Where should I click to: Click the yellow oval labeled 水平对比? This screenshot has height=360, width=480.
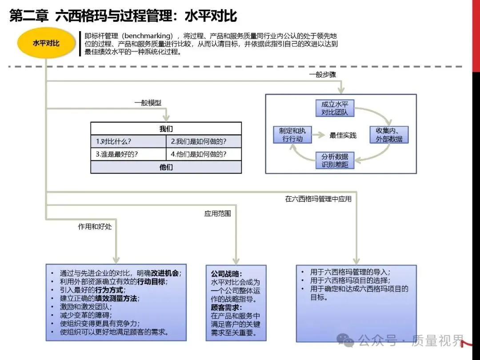click(x=46, y=43)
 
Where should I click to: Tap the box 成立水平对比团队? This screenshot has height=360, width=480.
click(x=338, y=108)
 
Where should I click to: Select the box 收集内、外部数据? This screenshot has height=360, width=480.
click(x=389, y=135)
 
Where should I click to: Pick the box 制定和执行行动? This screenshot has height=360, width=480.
click(x=292, y=135)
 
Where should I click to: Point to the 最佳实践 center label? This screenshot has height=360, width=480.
click(x=343, y=135)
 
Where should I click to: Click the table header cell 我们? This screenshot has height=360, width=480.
click(x=166, y=129)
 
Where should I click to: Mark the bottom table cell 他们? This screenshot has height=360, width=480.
click(x=166, y=167)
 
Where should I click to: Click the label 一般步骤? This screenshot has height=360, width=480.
click(x=323, y=74)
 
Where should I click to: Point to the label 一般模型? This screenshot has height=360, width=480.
click(x=148, y=103)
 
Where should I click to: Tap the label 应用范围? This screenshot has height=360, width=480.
click(x=218, y=213)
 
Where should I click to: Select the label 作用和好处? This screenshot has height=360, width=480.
click(x=95, y=226)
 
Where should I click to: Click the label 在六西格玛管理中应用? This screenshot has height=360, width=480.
click(x=318, y=199)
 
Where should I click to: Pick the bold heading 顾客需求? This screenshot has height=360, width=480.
click(x=226, y=307)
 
